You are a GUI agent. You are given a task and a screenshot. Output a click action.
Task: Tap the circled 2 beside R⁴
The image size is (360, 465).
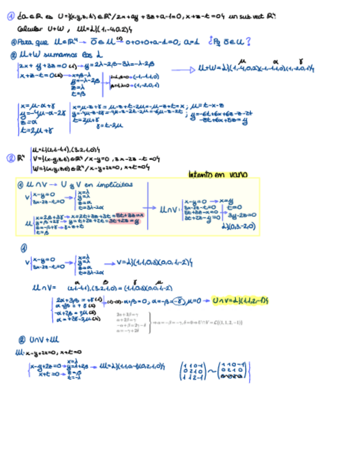(10, 159)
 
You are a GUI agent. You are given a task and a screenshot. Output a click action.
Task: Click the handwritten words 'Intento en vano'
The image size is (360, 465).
(217, 175)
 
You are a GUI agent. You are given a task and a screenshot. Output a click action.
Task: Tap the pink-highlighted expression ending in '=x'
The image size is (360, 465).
(130, 216)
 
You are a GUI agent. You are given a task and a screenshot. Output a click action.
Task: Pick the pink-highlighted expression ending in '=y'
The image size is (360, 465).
(127, 222)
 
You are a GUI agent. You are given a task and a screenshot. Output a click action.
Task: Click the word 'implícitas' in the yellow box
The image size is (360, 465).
(114, 185)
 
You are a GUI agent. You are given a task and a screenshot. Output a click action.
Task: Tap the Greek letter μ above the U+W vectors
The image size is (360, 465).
(244, 60)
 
